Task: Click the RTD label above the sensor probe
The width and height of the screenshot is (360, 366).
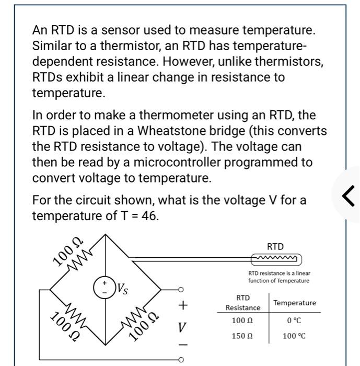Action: (x=275, y=246)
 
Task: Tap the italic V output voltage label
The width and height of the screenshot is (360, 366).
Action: (x=181, y=328)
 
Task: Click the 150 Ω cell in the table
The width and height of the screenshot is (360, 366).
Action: (x=242, y=335)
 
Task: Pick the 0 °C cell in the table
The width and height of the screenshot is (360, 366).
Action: (x=294, y=319)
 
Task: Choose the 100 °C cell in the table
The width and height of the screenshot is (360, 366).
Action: (x=294, y=335)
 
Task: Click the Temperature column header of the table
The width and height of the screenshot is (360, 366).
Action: (x=295, y=303)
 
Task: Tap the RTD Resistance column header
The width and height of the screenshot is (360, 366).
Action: (x=242, y=303)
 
